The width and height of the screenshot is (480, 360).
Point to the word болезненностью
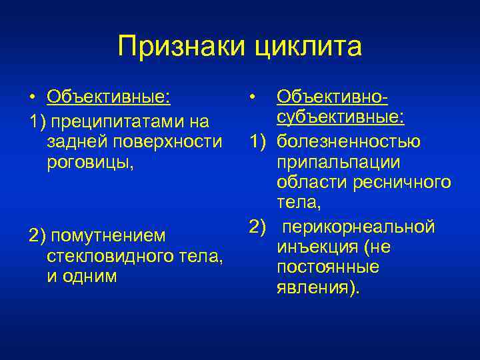(x=349, y=141)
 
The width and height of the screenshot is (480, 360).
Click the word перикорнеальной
(x=359, y=227)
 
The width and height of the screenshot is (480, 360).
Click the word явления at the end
(x=312, y=288)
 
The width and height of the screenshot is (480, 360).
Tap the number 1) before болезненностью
(x=259, y=141)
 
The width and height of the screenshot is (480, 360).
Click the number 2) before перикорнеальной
(x=259, y=227)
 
